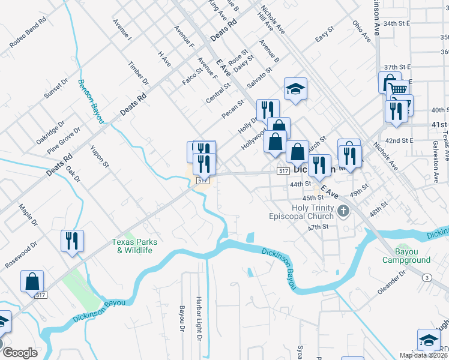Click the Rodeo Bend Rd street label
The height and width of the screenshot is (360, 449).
pyautogui.click(x=28, y=34)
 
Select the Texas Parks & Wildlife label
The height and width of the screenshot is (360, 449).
pyautogui.click(x=134, y=246)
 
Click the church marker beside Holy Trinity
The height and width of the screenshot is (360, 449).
pyautogui.click(x=343, y=211)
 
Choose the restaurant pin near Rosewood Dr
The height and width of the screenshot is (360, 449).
pyautogui.click(x=72, y=241)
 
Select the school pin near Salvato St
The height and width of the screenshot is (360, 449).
pyautogui.click(x=295, y=88)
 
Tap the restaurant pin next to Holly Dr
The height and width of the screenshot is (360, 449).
pyautogui.click(x=268, y=109)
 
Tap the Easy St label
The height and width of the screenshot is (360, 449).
pyautogui.click(x=324, y=37)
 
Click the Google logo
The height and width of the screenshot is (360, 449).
pyautogui.click(x=20, y=353)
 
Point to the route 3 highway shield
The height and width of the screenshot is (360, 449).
pyautogui.click(x=426, y=277)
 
